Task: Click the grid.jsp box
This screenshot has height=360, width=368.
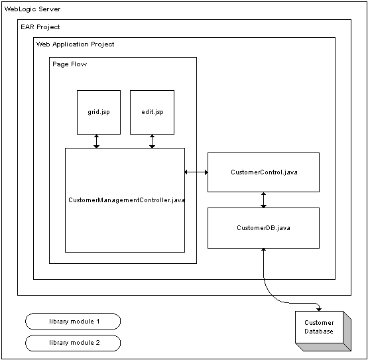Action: [99, 112]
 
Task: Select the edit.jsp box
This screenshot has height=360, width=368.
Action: [152, 112]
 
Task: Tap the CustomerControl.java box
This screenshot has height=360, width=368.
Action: [263, 172]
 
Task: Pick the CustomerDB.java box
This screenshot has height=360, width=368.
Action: [263, 228]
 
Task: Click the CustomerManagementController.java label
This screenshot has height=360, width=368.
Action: [127, 200]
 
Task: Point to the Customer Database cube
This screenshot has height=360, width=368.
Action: [323, 331]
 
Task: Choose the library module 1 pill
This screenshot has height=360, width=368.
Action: [73, 321]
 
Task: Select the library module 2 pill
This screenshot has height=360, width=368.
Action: [73, 343]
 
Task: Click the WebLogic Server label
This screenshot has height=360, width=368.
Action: [32, 9]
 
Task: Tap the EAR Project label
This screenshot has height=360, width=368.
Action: [40, 27]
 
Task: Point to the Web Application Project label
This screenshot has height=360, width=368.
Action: [76, 44]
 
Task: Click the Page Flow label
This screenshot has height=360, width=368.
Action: [70, 64]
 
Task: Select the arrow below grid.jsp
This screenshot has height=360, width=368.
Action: [96, 141]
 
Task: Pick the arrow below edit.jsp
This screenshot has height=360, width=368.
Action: [152, 141]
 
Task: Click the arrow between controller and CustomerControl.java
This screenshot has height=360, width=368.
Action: [196, 172]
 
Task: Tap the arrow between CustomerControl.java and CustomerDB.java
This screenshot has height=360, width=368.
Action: [263, 200]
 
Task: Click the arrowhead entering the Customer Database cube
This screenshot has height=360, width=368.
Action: [319, 310]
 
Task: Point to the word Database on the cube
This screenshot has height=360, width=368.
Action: [319, 331]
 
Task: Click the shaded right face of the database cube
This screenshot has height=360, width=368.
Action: [347, 331]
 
